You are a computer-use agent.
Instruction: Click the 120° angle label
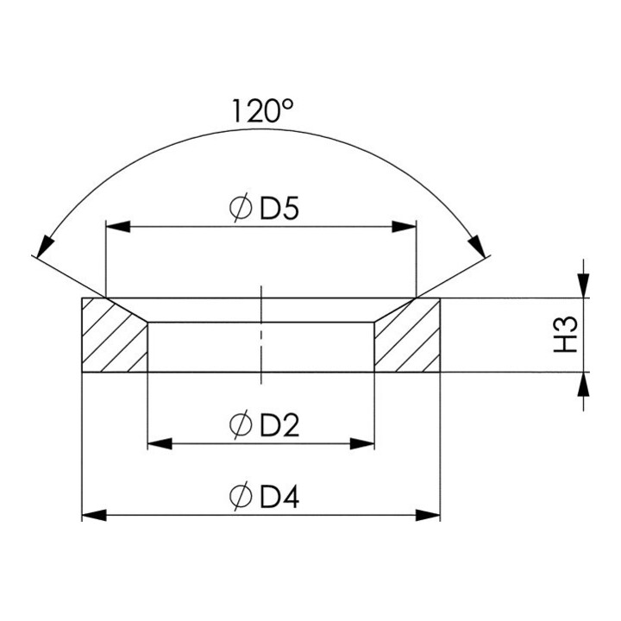point(262,111)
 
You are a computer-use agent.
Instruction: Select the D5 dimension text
point(279,209)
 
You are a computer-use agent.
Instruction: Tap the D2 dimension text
point(279,425)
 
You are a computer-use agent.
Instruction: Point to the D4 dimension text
point(279,497)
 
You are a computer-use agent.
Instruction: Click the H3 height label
point(566,335)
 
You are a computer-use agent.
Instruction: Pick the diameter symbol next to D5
point(241,208)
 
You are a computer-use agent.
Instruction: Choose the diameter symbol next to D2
point(241,424)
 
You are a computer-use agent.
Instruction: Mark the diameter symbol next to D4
point(241,496)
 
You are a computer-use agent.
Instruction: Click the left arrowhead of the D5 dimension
point(118,227)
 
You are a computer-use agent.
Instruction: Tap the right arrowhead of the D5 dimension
point(404,227)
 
